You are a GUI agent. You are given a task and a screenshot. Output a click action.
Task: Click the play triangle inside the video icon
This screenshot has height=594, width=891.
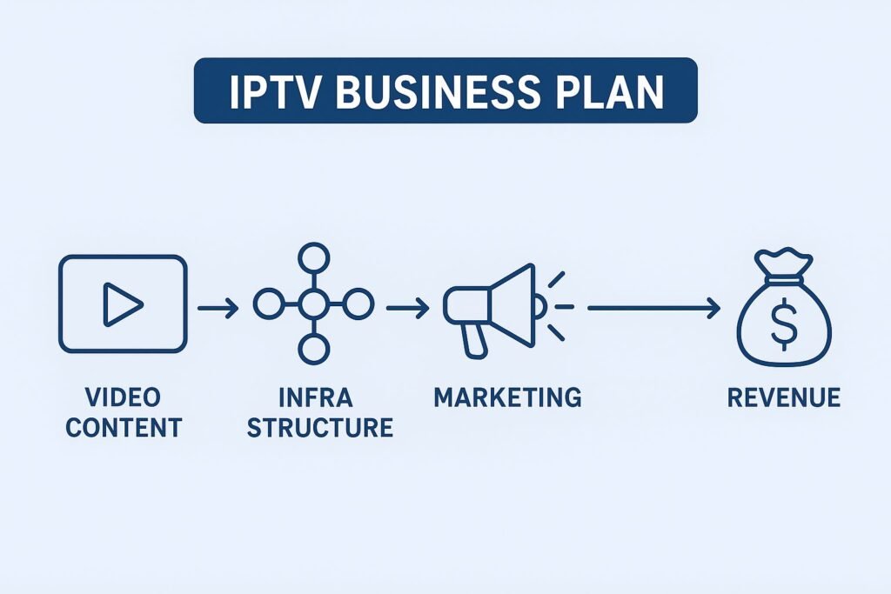pos(123,304)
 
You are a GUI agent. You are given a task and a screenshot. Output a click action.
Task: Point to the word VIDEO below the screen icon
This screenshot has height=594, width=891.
pos(123,398)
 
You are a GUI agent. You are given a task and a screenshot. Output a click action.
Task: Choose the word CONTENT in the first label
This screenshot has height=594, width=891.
pos(123,428)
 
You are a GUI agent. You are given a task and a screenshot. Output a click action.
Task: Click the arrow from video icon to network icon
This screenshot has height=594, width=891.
pos(218,307)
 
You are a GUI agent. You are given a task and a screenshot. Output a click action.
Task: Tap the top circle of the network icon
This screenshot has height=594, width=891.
pos(312,258)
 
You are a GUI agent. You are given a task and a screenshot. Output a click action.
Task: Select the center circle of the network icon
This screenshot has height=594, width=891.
pos(312,304)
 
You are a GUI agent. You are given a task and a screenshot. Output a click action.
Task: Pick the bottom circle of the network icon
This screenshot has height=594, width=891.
pos(312,350)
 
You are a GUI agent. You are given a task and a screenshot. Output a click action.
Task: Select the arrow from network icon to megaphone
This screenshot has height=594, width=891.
pos(407,307)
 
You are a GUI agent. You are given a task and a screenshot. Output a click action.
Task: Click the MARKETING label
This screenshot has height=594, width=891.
pos(508,398)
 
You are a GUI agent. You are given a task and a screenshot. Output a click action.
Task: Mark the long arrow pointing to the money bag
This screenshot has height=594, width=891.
pos(653,307)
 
